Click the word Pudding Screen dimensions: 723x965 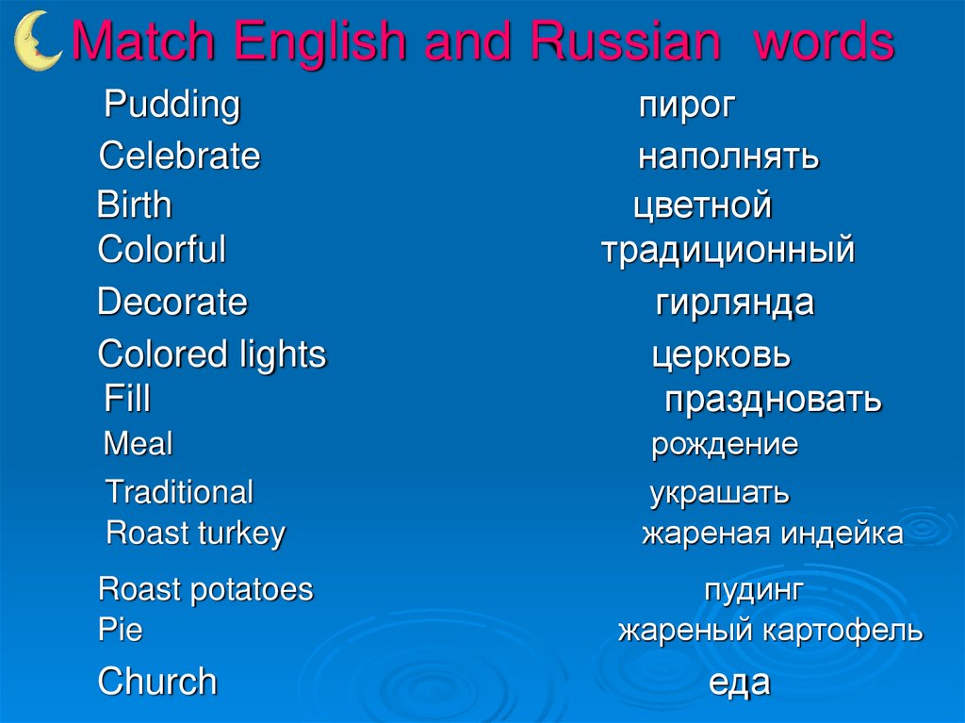click(x=172, y=105)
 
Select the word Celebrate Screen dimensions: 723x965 click(x=179, y=156)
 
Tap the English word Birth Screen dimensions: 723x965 click(x=134, y=205)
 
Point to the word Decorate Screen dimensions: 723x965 click(x=172, y=303)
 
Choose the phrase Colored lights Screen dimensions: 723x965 click(x=212, y=355)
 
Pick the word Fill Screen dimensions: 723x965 click(x=127, y=399)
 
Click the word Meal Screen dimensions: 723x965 click(x=138, y=444)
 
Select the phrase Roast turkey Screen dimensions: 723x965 click(x=195, y=534)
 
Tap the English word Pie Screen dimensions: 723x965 click(x=120, y=631)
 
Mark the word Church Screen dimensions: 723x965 click(x=157, y=682)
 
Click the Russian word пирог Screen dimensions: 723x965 click(x=686, y=106)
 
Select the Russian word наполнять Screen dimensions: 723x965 click(x=728, y=156)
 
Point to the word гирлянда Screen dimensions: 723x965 click(x=735, y=304)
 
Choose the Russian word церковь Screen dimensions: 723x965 click(x=722, y=356)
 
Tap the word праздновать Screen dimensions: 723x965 click(x=773, y=400)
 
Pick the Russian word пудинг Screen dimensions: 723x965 click(x=754, y=591)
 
